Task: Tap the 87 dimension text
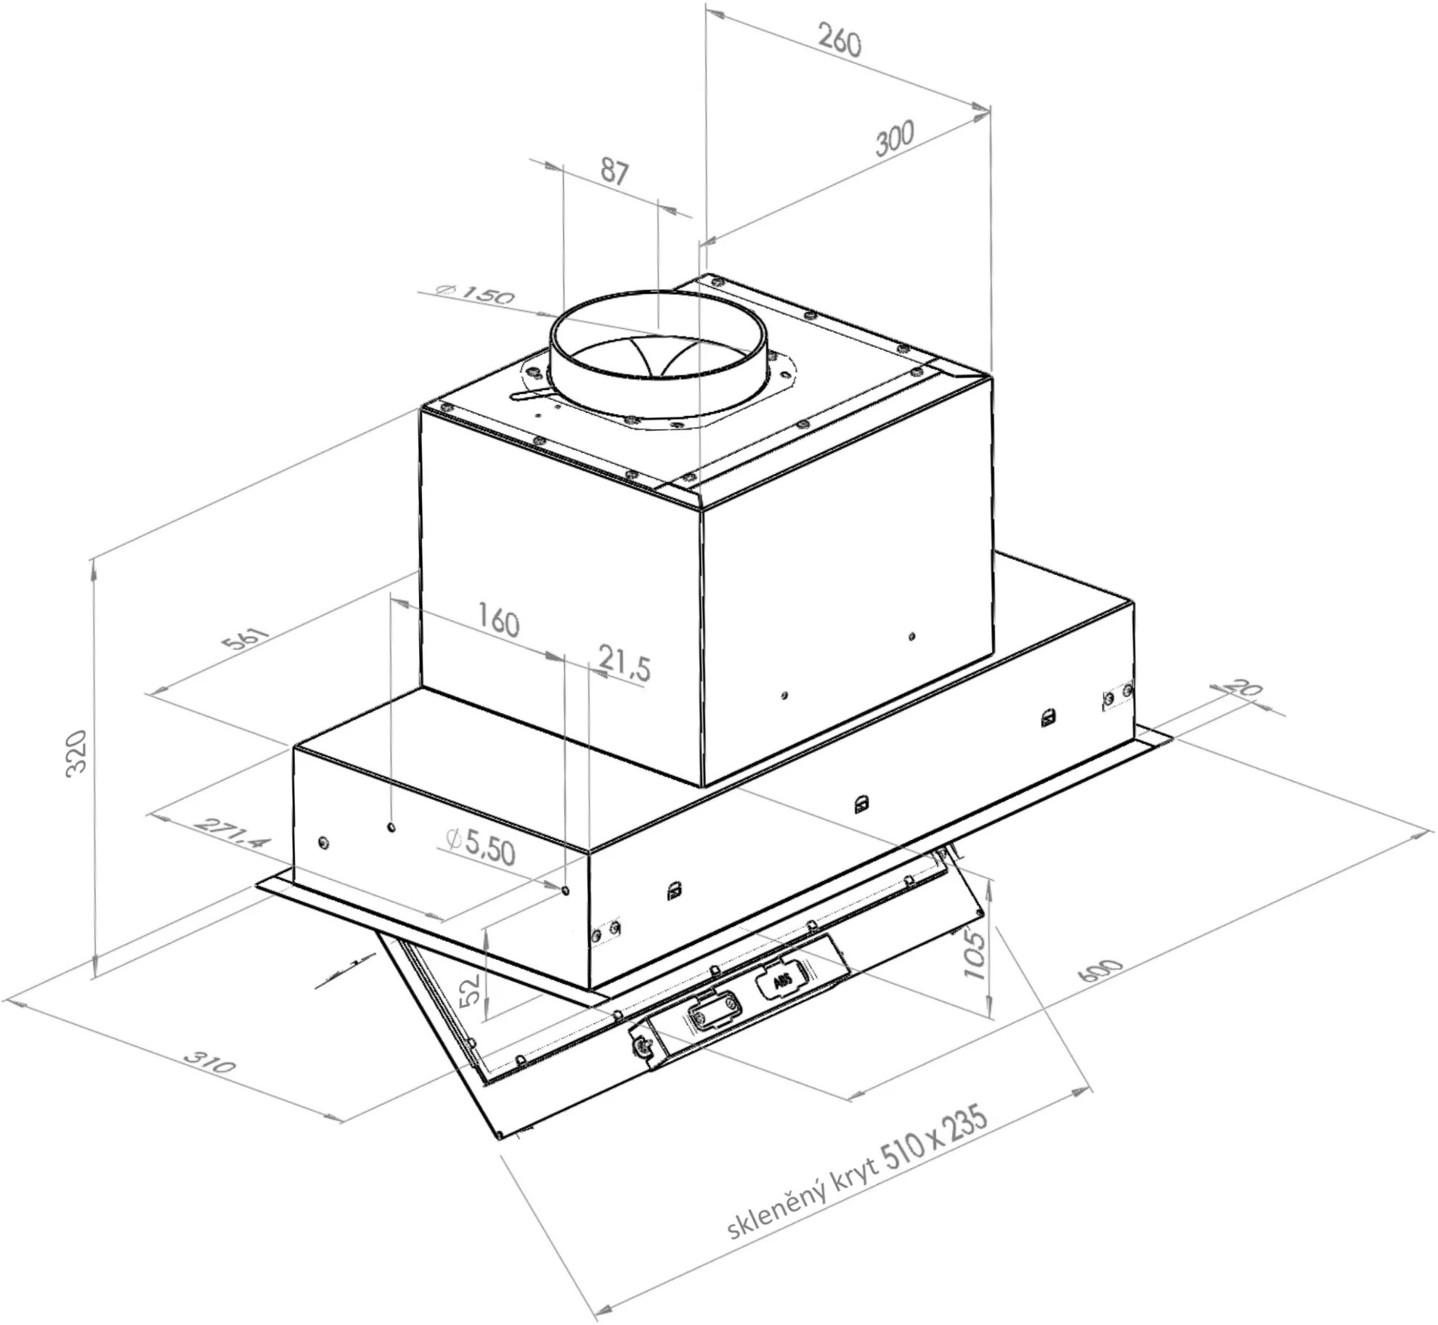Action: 614,172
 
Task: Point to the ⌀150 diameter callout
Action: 475,294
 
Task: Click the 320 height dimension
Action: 77,754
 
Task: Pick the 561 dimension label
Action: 245,640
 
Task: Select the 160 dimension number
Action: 499,622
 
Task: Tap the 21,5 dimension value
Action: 624,663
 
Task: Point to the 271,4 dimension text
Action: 233,834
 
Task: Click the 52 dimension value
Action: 471,989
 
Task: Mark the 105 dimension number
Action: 974,955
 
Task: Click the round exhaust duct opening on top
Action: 657,352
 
